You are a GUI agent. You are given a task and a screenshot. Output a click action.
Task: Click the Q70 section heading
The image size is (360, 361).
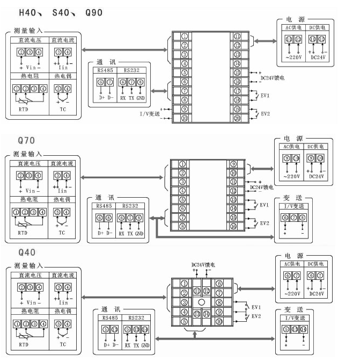click(27, 141)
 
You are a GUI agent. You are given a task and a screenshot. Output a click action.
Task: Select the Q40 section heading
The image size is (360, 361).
click(27, 251)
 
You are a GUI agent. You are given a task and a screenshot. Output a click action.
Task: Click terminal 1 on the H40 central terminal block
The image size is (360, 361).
click(185, 36)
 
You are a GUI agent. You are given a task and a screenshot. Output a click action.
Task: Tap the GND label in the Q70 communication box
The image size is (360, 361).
click(139, 234)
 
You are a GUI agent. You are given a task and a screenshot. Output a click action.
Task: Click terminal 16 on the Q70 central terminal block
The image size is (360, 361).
click(233, 227)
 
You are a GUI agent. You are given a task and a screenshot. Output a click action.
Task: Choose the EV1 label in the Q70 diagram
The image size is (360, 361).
click(264, 205)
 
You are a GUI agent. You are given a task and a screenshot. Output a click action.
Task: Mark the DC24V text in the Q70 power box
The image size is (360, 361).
click(317, 177)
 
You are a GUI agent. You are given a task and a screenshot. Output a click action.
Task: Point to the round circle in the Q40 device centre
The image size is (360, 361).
click(201, 302)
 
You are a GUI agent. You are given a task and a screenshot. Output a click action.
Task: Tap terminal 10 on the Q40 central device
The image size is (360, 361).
click(219, 322)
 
